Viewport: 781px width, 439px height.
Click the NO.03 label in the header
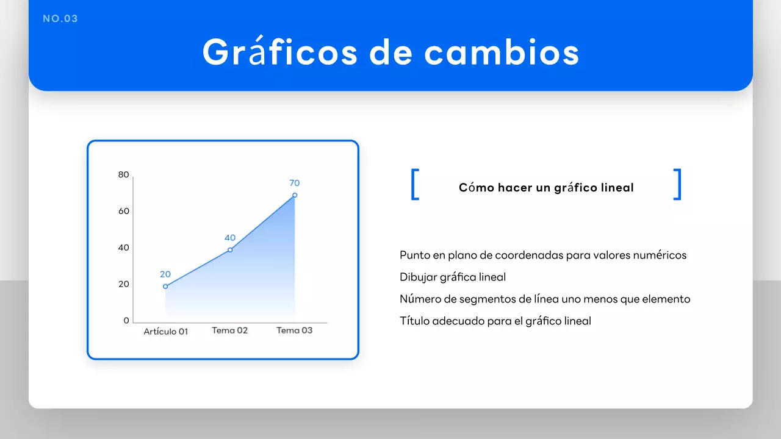click(x=60, y=19)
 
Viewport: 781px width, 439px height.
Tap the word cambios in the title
click(x=502, y=52)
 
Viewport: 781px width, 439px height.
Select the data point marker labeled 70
click(x=295, y=195)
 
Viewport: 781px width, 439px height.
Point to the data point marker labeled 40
click(x=230, y=250)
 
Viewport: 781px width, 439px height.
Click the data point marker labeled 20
click(x=165, y=287)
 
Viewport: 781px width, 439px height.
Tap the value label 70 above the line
click(x=295, y=183)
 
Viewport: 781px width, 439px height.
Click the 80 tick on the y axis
click(x=124, y=175)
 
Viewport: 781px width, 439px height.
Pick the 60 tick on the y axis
click(x=124, y=211)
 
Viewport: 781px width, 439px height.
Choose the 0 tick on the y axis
click(x=126, y=321)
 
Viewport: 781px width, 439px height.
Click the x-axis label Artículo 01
click(x=166, y=332)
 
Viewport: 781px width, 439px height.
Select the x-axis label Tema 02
click(x=230, y=330)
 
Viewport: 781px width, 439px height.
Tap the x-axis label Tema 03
click(x=295, y=330)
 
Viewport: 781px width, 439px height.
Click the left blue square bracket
click(x=415, y=184)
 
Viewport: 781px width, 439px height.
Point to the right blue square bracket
click(x=677, y=184)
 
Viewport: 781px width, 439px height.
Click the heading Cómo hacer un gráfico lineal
click(x=546, y=188)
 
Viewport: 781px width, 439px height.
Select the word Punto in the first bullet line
click(x=415, y=255)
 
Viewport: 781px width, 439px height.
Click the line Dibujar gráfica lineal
click(x=453, y=277)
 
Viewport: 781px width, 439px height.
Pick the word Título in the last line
click(x=414, y=321)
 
